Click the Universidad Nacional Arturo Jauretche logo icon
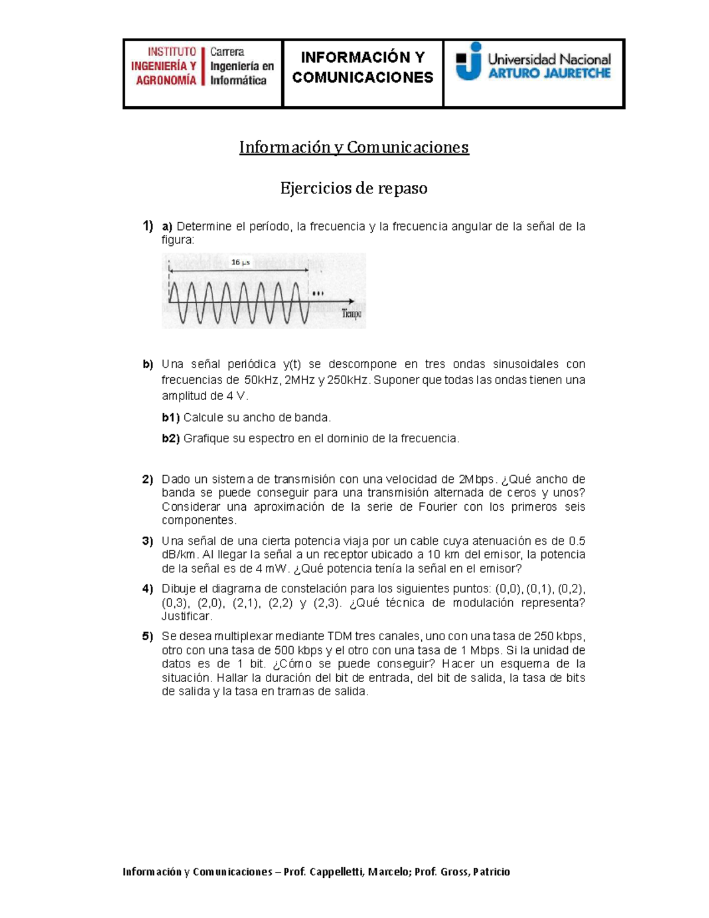click(x=469, y=61)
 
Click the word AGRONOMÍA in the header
click(x=166, y=80)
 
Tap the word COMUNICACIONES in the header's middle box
click(x=363, y=77)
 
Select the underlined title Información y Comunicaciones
click(x=354, y=147)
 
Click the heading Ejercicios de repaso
click(x=354, y=189)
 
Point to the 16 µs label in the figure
click(x=240, y=262)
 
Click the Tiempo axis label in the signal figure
click(x=352, y=314)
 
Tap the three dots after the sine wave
click(x=318, y=294)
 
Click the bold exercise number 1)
click(x=148, y=226)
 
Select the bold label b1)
click(x=171, y=417)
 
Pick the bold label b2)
click(x=171, y=439)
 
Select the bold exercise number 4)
click(x=148, y=589)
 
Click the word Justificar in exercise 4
click(x=186, y=616)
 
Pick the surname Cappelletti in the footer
click(x=337, y=872)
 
